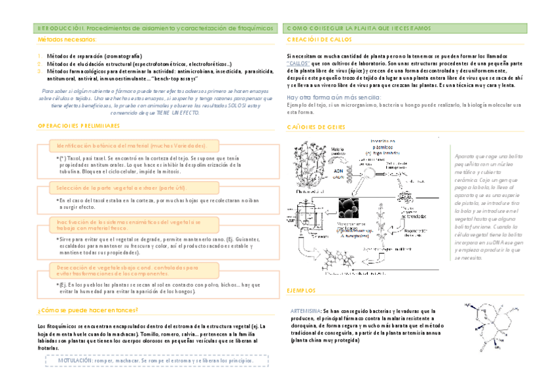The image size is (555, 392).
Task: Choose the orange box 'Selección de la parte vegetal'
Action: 117,188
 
